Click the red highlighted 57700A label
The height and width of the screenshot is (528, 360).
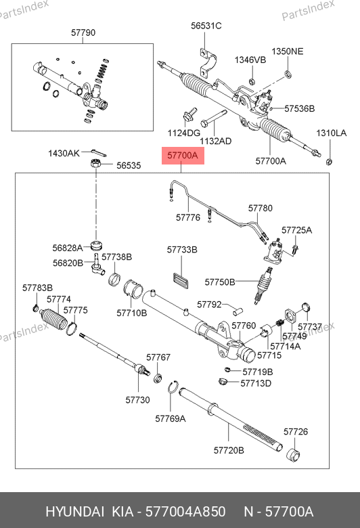click(183, 156)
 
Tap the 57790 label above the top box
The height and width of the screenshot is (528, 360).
click(83, 32)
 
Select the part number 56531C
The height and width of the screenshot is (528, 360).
click(206, 26)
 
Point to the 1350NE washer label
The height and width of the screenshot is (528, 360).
click(288, 51)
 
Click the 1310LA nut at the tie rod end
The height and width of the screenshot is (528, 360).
click(329, 162)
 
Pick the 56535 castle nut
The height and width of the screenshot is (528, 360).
click(96, 164)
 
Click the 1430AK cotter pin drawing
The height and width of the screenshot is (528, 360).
click(98, 153)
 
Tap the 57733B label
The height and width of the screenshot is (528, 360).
click(182, 250)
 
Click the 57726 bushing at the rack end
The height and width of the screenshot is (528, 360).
click(293, 454)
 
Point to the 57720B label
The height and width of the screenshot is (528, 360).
click(229, 450)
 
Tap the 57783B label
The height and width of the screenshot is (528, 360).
click(37, 288)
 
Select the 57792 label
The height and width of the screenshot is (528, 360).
click(209, 305)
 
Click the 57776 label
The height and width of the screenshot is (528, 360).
click(188, 217)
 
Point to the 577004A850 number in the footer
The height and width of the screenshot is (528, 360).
click(185, 512)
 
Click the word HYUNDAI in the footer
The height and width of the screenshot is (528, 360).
click(74, 512)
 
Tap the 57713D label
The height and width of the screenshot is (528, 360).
click(256, 383)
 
